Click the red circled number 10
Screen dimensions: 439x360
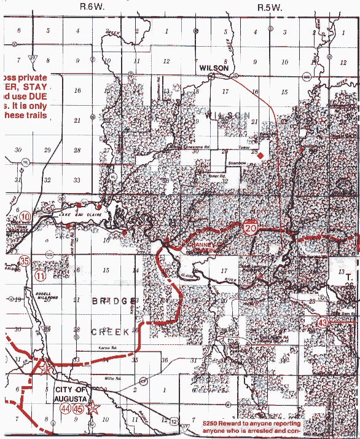tap(25, 216)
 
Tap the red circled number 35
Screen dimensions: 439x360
tap(25, 260)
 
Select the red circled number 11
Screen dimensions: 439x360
tap(41, 276)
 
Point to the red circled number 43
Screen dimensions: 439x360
tap(323, 322)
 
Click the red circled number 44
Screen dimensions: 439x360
tap(66, 408)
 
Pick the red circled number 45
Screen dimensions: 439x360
tap(79, 408)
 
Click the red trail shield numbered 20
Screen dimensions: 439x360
tap(250, 228)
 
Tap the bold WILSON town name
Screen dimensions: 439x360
tap(214, 69)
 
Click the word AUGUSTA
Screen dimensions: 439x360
tap(72, 398)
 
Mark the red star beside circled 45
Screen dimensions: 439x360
tap(93, 408)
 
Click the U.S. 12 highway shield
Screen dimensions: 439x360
tap(174, 422)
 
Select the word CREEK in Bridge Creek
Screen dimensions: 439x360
tap(111, 331)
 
